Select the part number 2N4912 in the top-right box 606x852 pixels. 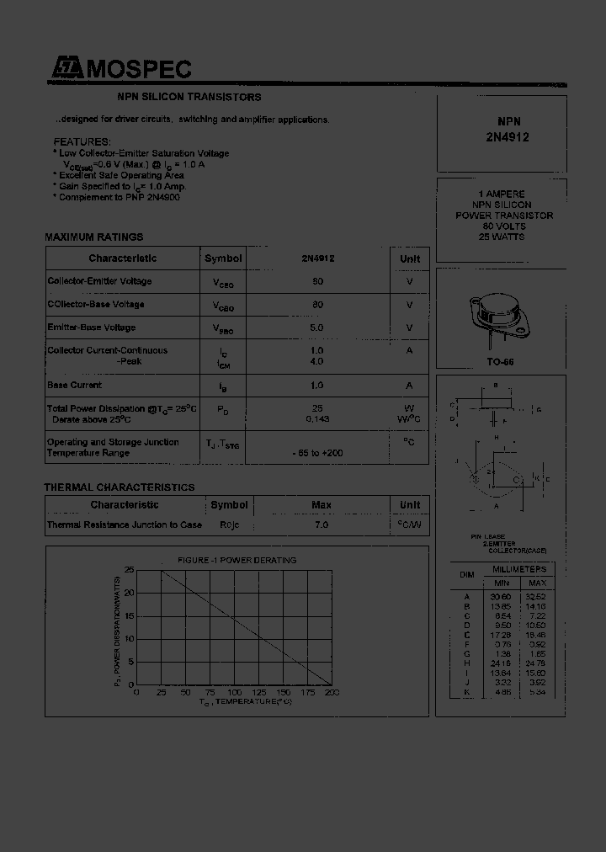[x=508, y=137]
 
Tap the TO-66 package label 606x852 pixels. [x=500, y=361]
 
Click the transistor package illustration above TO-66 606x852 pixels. [x=500, y=318]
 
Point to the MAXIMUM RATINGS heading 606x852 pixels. [x=93, y=237]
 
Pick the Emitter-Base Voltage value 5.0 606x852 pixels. [x=317, y=327]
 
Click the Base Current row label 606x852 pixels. [x=75, y=385]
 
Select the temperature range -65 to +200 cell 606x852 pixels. [x=317, y=453]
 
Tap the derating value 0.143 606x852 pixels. [x=317, y=418]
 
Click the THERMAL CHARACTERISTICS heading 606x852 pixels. [x=119, y=487]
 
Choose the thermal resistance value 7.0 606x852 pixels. [x=321, y=525]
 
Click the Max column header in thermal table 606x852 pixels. [x=321, y=505]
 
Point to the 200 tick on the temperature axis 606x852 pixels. [x=332, y=692]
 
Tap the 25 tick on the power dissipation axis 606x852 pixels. [x=129, y=571]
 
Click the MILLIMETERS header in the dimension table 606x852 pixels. [x=519, y=570]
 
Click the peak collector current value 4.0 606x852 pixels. [x=317, y=361]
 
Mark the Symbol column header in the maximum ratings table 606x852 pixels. [x=223, y=258]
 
